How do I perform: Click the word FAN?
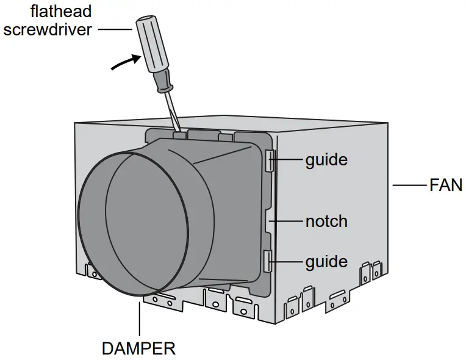point(446,185)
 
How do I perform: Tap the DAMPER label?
point(138,348)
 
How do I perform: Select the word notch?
point(326,220)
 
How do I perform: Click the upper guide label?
point(326,160)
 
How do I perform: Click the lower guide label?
point(326,262)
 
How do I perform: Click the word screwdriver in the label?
point(48,29)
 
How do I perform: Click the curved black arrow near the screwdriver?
point(126,62)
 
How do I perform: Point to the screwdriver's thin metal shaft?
point(172,110)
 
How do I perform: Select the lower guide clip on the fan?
point(269,261)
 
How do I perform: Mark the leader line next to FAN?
point(409,185)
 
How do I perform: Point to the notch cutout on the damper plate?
point(271,221)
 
